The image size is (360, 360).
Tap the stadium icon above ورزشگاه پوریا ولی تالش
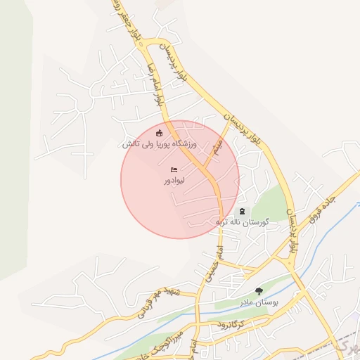[160, 133]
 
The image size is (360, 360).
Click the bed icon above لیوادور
[174, 170]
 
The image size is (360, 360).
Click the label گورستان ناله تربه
[243, 222]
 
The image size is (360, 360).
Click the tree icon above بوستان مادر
[259, 290]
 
